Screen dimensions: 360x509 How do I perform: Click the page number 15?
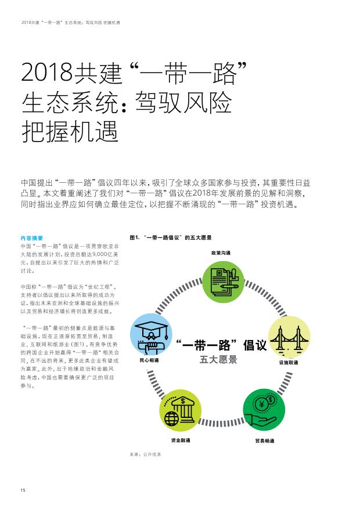click(23, 490)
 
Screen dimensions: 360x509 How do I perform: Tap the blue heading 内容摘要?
click(32, 238)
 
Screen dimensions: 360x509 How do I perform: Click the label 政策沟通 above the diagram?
click(221, 253)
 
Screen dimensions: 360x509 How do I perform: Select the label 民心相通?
click(149, 360)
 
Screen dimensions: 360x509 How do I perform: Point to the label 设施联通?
click(289, 363)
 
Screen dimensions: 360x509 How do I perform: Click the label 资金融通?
click(181, 440)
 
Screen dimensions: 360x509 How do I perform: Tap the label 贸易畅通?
click(265, 441)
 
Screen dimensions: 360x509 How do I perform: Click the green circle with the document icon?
click(223, 281)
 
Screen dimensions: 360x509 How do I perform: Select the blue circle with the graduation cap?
click(151, 334)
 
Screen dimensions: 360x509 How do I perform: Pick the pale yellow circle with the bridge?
click(289, 337)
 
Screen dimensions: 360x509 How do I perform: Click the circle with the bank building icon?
click(180, 411)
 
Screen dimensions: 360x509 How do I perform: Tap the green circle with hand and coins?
click(264, 410)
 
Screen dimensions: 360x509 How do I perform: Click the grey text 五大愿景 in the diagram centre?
click(218, 360)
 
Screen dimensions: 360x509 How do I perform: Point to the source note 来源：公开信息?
click(145, 454)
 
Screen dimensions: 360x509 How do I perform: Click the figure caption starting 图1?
click(171, 237)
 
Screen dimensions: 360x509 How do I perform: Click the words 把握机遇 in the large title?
click(70, 132)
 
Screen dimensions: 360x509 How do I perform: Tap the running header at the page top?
click(71, 23)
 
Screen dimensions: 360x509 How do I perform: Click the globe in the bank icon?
click(171, 419)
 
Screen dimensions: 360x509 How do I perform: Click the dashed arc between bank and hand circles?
click(222, 423)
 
